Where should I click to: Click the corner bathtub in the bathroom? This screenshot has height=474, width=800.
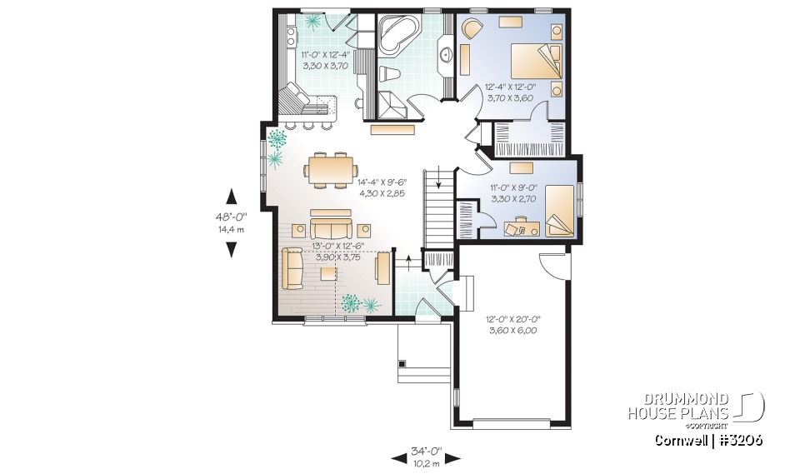[398, 34]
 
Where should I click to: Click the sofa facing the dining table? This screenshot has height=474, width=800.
[331, 227]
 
